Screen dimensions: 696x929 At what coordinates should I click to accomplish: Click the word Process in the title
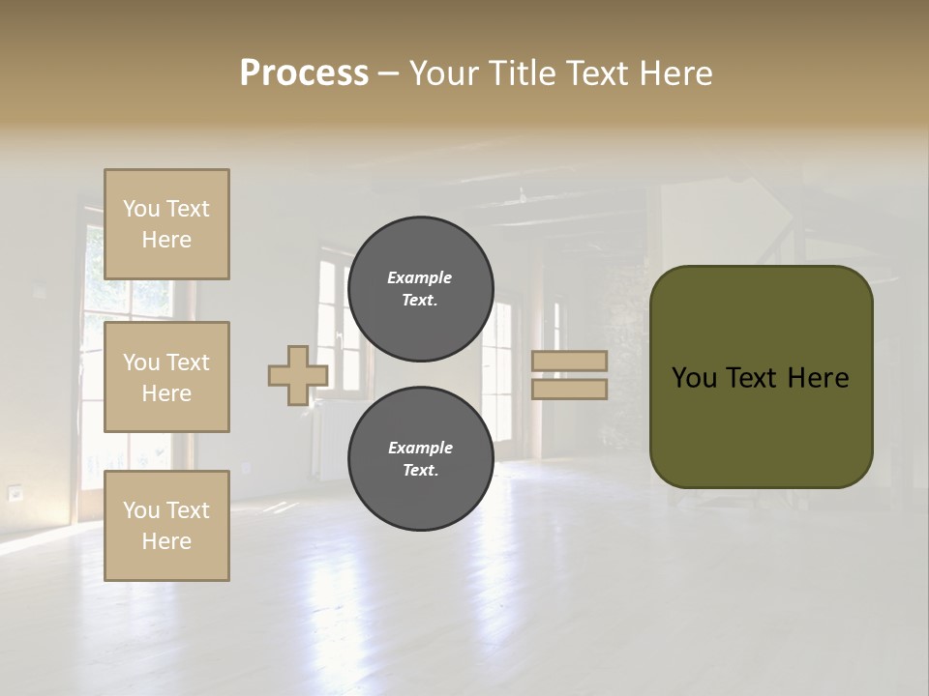click(x=304, y=73)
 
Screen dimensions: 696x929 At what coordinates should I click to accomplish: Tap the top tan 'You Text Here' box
click(x=166, y=224)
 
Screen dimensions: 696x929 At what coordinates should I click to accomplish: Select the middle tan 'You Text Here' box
click(x=166, y=377)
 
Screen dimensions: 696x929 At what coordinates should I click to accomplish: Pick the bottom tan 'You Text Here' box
click(x=166, y=526)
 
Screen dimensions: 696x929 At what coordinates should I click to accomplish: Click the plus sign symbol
click(x=297, y=375)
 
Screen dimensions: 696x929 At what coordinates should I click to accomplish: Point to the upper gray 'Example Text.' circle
click(x=420, y=288)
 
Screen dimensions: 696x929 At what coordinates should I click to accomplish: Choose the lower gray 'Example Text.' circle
click(x=420, y=458)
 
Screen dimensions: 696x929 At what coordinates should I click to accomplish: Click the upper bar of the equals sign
click(x=569, y=362)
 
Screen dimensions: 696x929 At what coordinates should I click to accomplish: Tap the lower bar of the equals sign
click(x=569, y=389)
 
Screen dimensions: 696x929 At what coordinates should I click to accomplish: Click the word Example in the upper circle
click(x=419, y=277)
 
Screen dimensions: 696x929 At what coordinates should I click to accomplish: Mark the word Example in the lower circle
click(x=420, y=448)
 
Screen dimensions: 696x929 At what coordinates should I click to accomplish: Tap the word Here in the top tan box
click(x=166, y=240)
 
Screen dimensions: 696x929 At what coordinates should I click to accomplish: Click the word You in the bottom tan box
click(x=139, y=510)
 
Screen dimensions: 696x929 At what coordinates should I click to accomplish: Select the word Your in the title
click(x=447, y=73)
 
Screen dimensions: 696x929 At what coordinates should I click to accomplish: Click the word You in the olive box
click(x=694, y=378)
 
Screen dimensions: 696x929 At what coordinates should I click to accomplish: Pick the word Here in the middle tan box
click(x=166, y=393)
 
